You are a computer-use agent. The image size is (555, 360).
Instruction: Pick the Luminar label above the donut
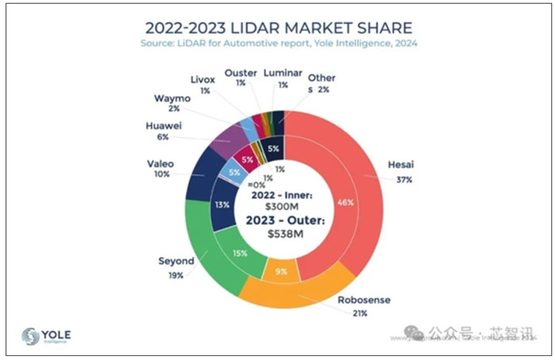click(282, 72)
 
